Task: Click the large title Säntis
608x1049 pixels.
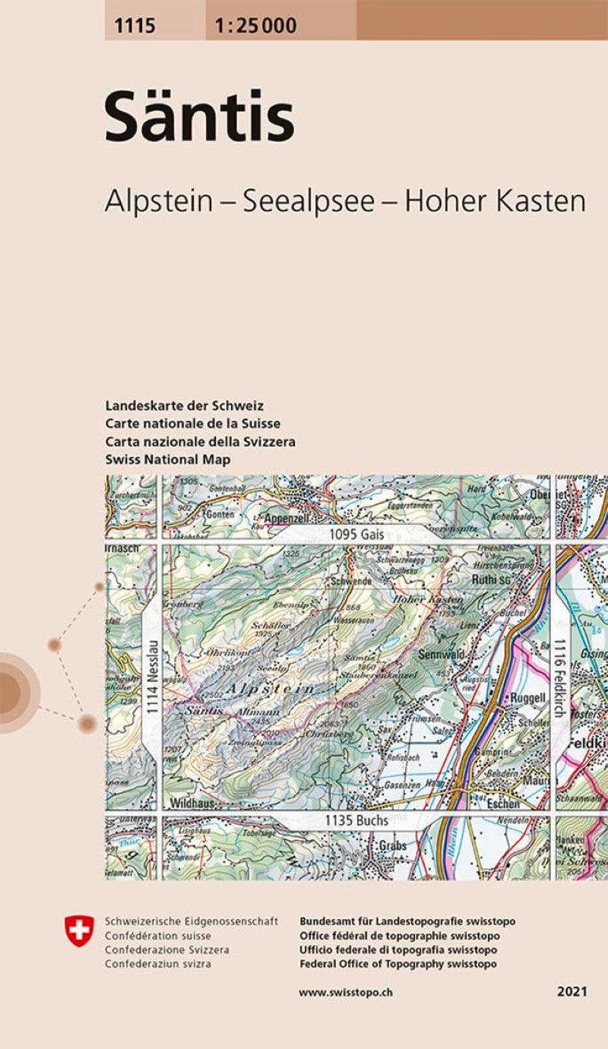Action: tap(199, 118)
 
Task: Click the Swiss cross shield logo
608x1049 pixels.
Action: tap(78, 931)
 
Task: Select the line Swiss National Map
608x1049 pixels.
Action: tap(168, 460)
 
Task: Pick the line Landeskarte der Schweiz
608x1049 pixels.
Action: tap(185, 406)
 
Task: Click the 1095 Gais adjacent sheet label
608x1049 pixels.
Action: tap(353, 536)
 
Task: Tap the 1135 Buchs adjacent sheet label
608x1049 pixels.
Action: tap(356, 820)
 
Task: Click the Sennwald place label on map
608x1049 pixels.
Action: tap(441, 653)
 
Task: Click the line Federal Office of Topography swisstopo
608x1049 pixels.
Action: tap(398, 964)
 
